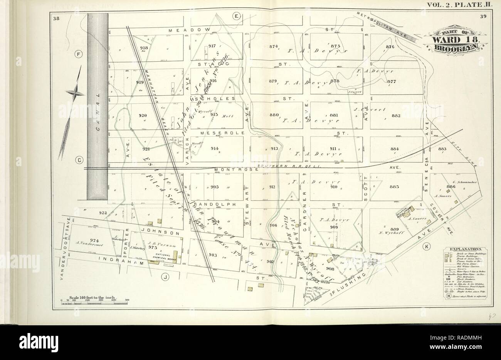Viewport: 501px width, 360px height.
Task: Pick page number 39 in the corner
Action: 483,16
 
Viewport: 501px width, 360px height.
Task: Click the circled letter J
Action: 165,276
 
